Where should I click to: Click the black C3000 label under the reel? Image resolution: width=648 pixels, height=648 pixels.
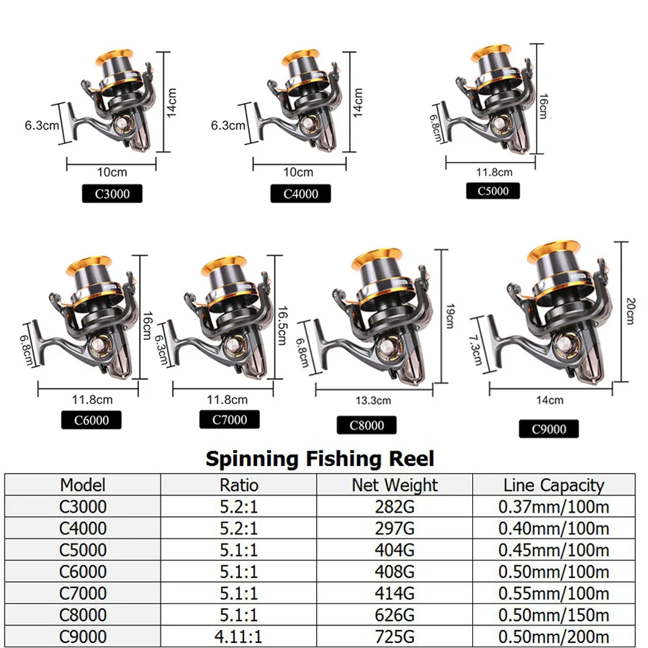point(112,194)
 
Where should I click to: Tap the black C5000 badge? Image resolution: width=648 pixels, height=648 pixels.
point(493,191)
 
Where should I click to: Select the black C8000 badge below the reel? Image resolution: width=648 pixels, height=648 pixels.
point(366,426)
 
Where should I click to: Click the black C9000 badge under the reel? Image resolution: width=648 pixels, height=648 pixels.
point(549,429)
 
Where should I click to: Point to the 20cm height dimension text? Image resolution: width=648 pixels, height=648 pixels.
point(630,311)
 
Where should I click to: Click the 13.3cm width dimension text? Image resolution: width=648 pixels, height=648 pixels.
point(373,400)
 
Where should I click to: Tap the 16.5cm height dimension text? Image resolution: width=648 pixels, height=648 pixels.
point(282,325)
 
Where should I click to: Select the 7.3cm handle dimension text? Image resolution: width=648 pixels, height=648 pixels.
point(476,350)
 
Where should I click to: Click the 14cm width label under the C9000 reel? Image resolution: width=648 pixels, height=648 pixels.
point(549,400)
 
